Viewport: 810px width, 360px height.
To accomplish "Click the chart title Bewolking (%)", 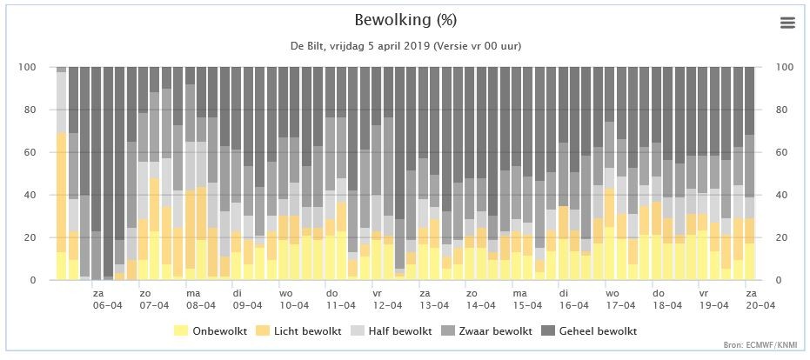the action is click(x=405, y=20).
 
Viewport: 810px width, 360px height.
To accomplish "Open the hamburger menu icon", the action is click(x=787, y=23).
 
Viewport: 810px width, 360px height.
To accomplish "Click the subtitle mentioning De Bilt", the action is click(x=405, y=45).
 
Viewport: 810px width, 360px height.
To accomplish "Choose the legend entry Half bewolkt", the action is click(x=400, y=331).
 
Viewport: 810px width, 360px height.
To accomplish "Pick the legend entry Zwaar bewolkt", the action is click(x=495, y=331).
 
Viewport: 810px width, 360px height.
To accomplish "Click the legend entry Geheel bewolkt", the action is click(x=599, y=331).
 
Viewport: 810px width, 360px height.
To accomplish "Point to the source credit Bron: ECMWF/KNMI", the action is click(x=770, y=344).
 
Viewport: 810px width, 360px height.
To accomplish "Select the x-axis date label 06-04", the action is click(x=108, y=305).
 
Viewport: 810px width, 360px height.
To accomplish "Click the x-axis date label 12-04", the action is click(x=387, y=305).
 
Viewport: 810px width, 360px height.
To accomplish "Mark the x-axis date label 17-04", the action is click(x=620, y=305).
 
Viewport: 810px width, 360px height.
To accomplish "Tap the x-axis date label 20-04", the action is click(x=760, y=305).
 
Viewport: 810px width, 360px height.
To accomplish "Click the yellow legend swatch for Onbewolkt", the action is click(x=180, y=331).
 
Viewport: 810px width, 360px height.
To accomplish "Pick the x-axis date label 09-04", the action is click(x=247, y=305).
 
